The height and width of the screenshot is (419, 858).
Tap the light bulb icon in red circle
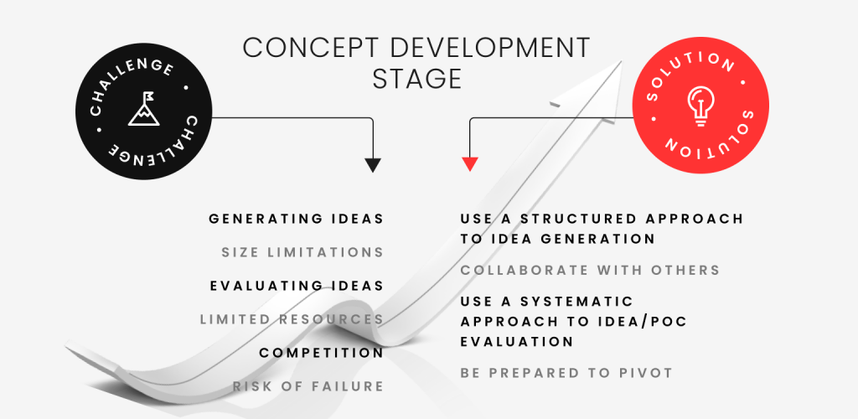point(701,106)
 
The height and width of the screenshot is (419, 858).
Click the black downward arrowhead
point(373,165)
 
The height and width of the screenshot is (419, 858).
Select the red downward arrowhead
point(470,164)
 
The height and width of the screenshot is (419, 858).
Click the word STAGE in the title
point(417,79)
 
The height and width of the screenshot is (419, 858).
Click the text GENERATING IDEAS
point(296,219)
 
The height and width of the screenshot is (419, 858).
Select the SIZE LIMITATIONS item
point(302,253)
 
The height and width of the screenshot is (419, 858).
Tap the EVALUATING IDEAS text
point(297,286)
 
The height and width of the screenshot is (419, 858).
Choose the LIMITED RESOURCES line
point(292,319)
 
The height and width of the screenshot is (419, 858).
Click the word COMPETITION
point(321,353)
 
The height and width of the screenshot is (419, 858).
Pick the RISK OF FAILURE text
point(308,386)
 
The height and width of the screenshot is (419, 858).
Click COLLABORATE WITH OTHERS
point(590,270)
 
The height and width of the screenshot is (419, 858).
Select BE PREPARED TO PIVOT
point(566,373)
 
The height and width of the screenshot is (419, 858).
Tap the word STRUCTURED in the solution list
point(581,219)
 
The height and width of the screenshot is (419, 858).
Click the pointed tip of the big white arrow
point(622,60)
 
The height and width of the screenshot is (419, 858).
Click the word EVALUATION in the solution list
point(516,341)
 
